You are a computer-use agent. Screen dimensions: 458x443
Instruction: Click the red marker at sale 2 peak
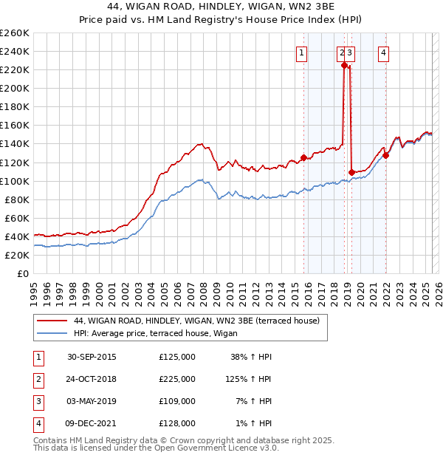tap(344, 65)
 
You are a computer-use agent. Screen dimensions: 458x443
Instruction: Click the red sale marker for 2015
tap(303, 157)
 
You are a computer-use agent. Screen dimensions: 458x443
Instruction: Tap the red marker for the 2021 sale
tap(386, 155)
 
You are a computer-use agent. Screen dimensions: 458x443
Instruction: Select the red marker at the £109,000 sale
tap(351, 172)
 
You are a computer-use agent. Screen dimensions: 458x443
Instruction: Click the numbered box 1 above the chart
tap(302, 52)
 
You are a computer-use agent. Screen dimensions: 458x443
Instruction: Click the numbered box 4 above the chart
tap(385, 52)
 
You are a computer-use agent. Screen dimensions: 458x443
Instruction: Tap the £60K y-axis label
tap(17, 218)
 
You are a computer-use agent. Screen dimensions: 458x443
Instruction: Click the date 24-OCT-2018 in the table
tap(92, 379)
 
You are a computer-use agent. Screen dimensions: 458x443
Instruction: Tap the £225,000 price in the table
tap(177, 379)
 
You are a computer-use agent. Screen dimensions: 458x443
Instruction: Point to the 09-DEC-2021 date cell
tap(92, 423)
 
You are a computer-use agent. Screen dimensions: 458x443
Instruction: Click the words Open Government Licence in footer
tap(209, 448)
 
